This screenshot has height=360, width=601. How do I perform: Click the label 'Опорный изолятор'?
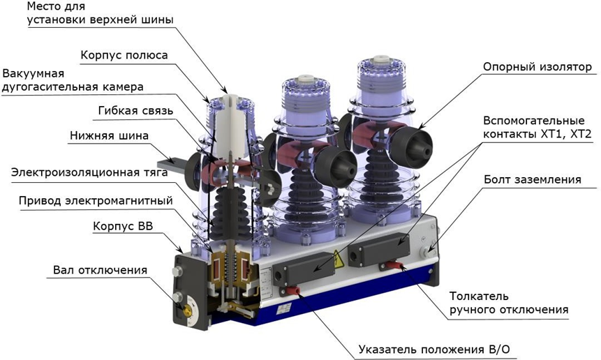537,67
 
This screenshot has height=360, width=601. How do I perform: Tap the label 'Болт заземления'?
533,179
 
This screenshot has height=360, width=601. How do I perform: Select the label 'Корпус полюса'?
124,55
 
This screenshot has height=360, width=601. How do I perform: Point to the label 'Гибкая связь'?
135,111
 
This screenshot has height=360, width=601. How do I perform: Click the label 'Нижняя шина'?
109,135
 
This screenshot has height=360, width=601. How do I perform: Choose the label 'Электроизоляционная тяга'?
89,172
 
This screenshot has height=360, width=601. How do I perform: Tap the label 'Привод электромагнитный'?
96,201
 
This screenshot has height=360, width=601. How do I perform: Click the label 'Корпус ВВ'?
123,226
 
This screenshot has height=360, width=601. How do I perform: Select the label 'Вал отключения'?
100,270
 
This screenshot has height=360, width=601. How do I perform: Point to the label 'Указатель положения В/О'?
435,350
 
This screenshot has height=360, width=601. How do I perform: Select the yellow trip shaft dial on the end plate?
188,311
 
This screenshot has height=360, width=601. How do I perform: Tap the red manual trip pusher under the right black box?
393,265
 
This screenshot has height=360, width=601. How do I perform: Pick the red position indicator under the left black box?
294,291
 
